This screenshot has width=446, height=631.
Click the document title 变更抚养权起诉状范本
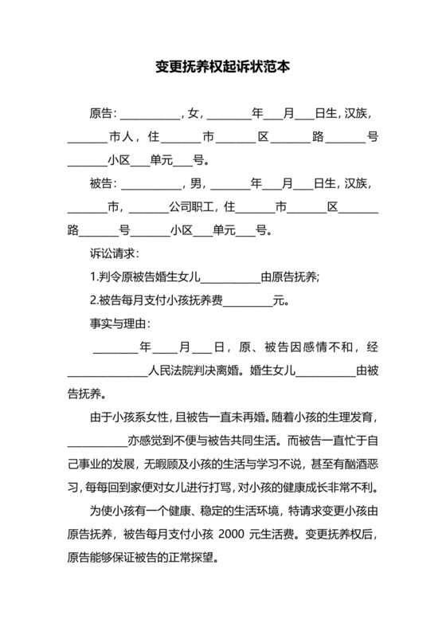click(222, 68)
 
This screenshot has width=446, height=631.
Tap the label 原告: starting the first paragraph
click(104, 114)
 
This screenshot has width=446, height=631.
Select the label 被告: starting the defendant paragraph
click(104, 184)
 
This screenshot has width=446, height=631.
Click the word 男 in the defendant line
click(194, 184)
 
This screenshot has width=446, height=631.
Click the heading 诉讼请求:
click(115, 254)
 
